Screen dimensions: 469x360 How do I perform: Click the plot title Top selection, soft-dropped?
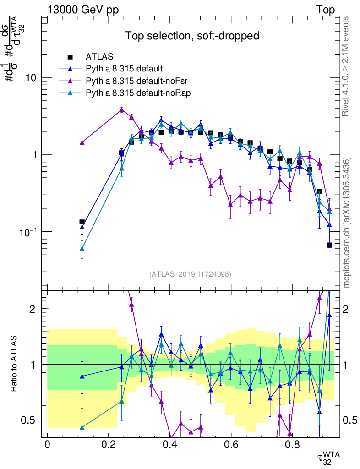tap(192, 36)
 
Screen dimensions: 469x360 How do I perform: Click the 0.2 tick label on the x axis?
tap(109, 444)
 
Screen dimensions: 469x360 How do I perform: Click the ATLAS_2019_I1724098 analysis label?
tap(190, 274)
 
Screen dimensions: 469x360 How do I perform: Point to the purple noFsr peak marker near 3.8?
tap(121, 109)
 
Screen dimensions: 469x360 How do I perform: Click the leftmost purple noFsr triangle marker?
tap(82, 142)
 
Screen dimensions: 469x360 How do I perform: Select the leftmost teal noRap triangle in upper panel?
tap(82, 249)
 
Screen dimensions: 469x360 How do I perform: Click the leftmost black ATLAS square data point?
tap(82, 222)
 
